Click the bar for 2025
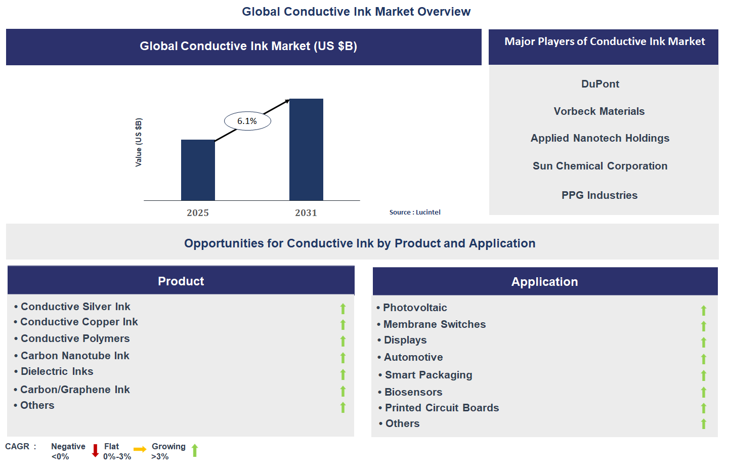pos(198,170)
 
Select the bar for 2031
pos(306,150)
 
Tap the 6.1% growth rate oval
pos(247,121)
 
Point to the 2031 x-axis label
pos(306,213)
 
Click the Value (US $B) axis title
pos(139,142)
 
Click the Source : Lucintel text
pos(415,212)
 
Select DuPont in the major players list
pos(600,84)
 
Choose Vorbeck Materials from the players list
pos(599,111)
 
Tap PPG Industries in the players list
pos(599,195)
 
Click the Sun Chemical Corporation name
pos(600,166)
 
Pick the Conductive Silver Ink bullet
pos(75,307)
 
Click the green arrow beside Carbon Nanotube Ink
pos(343,358)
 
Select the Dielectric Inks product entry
pos(57,371)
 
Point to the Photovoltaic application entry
pos(415,308)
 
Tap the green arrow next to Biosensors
pos(703,392)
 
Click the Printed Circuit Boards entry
pos(442,408)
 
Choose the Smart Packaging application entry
pos(428,375)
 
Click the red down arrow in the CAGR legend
pos(95,450)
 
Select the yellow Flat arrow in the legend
pos(140,449)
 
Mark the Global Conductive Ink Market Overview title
pos(356,12)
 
